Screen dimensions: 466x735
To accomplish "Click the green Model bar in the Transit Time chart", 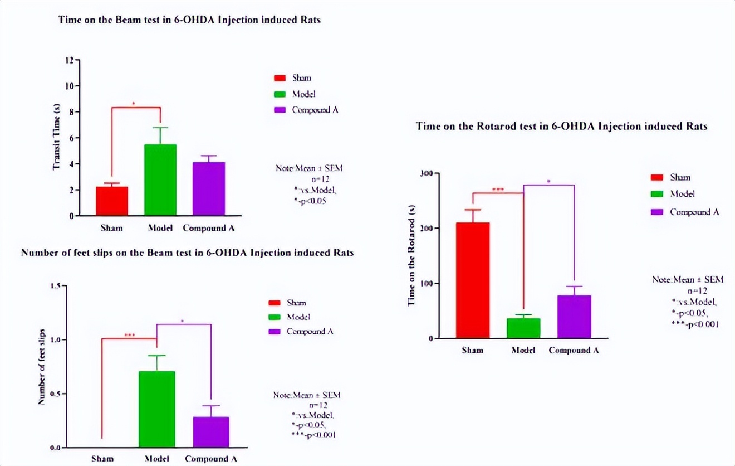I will [160, 179].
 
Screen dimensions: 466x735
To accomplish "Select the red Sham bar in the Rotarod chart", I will [473, 280].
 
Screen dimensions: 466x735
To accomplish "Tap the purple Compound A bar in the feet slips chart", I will [212, 431].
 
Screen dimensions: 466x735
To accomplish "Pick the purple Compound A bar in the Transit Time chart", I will [209, 188].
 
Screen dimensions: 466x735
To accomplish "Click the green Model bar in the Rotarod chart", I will [523, 328].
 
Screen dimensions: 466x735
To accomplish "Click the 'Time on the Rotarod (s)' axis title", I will [412, 255].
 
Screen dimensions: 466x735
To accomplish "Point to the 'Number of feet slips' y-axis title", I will [41, 367].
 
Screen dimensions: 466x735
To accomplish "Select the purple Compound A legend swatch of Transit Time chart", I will [280, 110].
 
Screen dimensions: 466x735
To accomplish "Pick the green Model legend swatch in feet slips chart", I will [275, 317].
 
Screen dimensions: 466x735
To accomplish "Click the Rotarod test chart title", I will [562, 127].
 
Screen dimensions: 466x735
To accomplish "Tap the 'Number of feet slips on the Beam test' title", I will [187, 253].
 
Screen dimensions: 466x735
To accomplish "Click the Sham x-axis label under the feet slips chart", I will [102, 459].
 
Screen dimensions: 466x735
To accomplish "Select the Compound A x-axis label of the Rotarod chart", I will [574, 350].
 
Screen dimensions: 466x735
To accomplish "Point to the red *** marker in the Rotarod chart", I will [498, 190].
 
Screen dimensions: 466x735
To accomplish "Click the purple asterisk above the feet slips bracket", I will [183, 321].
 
